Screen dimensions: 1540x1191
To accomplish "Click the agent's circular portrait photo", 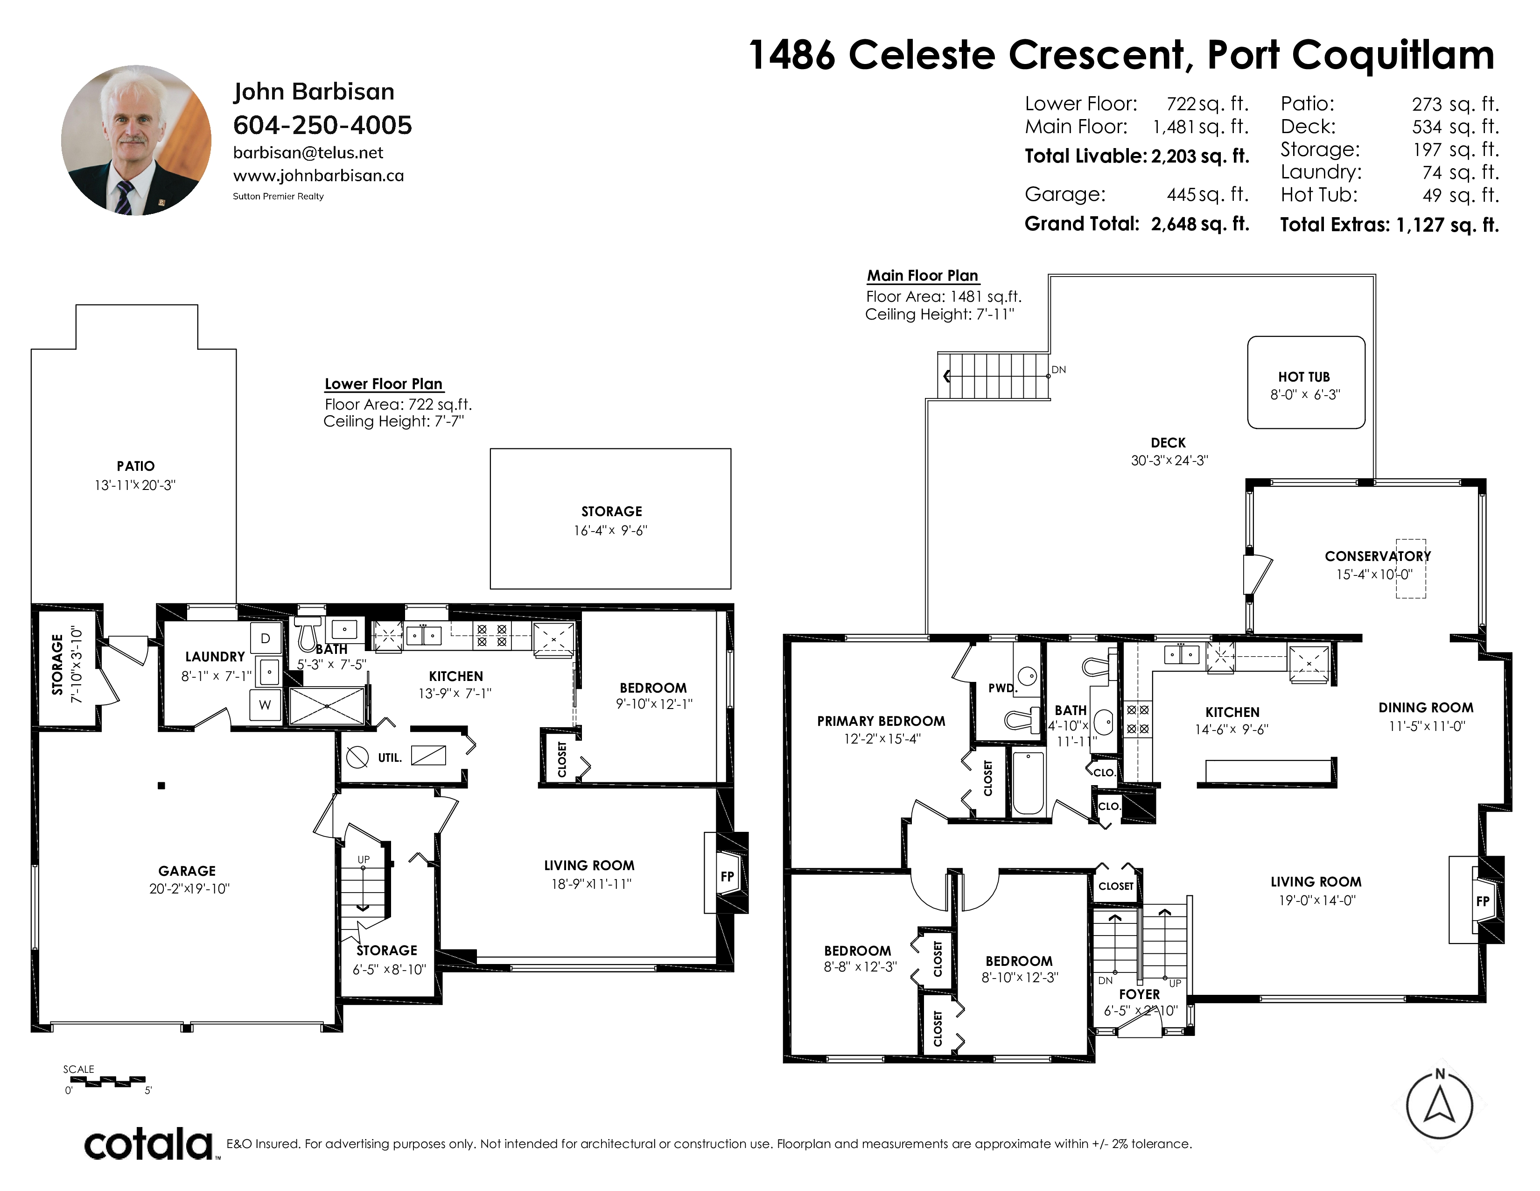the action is click(x=136, y=141).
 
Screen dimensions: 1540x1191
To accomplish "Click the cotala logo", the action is click(x=149, y=1144).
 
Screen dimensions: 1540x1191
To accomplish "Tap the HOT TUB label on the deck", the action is click(x=1304, y=377).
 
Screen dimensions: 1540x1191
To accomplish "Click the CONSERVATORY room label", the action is click(x=1378, y=556).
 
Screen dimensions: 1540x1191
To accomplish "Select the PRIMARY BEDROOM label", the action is click(x=881, y=721).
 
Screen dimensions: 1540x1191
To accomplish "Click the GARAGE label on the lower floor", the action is click(x=187, y=871).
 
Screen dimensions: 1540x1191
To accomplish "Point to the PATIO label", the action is click(x=135, y=466).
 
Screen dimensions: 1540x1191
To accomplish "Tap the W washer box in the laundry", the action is click(x=265, y=705).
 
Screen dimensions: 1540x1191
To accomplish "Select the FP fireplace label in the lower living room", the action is click(x=728, y=876).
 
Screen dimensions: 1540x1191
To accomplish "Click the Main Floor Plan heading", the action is click(x=922, y=275).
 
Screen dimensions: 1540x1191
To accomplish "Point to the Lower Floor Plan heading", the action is click(x=384, y=384).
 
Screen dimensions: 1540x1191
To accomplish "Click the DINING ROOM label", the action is click(x=1426, y=708).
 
